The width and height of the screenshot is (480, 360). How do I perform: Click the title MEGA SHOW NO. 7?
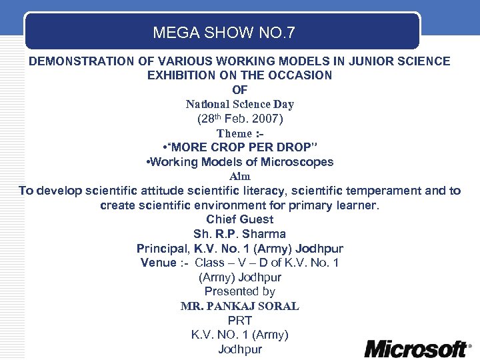pyautogui.click(x=223, y=32)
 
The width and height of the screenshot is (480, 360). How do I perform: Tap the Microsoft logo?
pyautogui.click(x=417, y=348)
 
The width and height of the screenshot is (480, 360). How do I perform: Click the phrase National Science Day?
pyautogui.click(x=239, y=104)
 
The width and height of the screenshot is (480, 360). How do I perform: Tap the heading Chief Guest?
pyautogui.click(x=239, y=219)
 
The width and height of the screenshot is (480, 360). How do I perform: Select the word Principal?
pyautogui.click(x=162, y=249)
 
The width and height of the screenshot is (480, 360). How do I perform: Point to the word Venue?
pyautogui.click(x=157, y=263)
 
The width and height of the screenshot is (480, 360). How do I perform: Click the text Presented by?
pyautogui.click(x=239, y=291)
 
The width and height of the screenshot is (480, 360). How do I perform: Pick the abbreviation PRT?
pyautogui.click(x=239, y=321)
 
